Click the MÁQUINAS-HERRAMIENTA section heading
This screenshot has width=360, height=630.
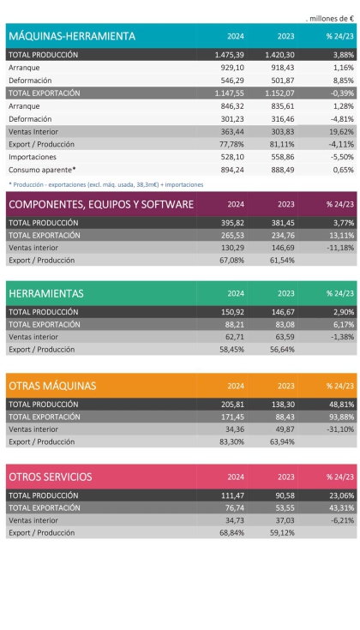pyautogui.click(x=72, y=36)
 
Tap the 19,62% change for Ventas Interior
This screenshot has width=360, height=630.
pyautogui.click(x=339, y=132)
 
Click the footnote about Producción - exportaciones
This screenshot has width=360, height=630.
pyautogui.click(x=106, y=184)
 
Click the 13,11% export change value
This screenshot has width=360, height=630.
pyautogui.click(x=339, y=235)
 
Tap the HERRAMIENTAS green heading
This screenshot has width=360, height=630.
pyautogui.click(x=46, y=293)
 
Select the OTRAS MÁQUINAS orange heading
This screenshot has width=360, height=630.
pyautogui.click(x=51, y=386)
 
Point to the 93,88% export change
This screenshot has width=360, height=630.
pyautogui.click(x=339, y=416)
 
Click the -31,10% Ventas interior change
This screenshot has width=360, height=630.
pyautogui.click(x=338, y=428)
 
